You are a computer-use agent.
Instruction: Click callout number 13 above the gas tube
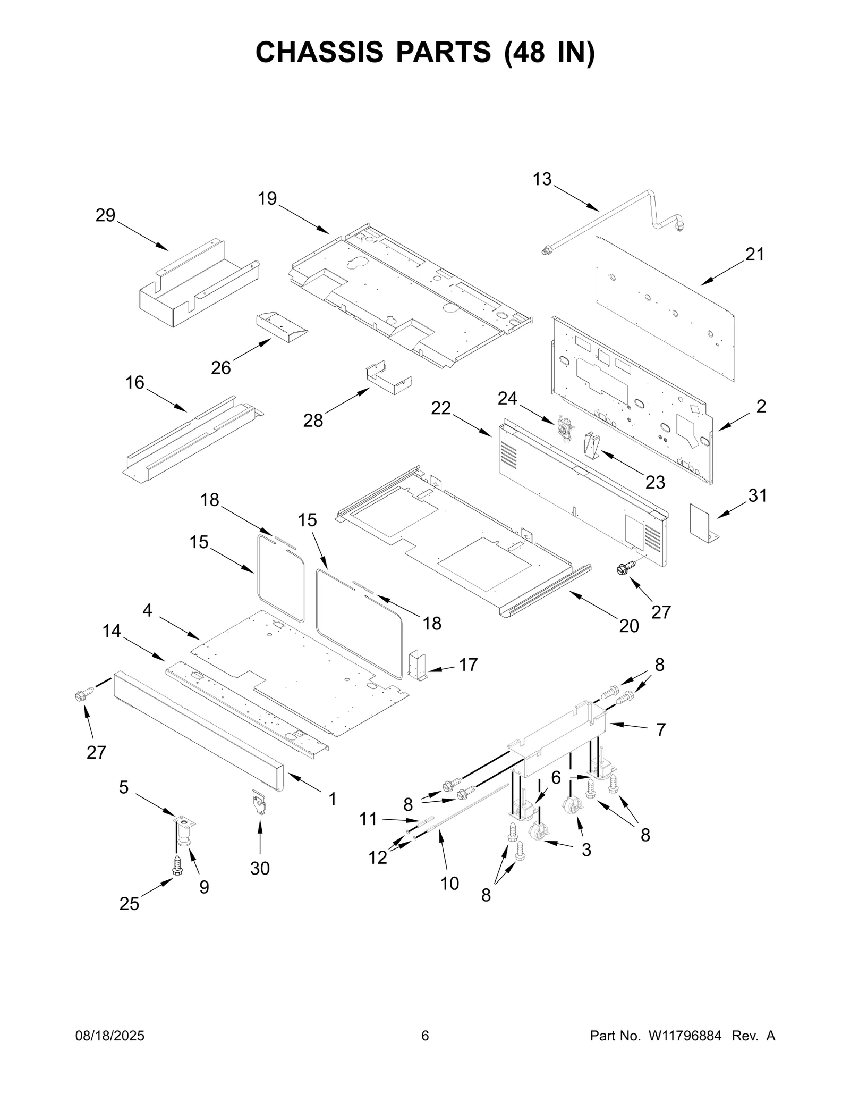click(x=542, y=179)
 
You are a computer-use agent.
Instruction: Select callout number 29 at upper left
click(x=105, y=215)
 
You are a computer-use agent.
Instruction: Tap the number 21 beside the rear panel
click(x=754, y=255)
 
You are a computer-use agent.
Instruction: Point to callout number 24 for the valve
click(x=507, y=398)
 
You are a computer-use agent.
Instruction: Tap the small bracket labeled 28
click(x=388, y=378)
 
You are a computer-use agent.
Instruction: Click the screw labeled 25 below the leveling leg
click(x=177, y=866)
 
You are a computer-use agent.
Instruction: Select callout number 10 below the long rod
click(x=449, y=883)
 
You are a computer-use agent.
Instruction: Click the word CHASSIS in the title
click(x=319, y=52)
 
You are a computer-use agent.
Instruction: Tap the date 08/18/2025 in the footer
click(x=108, y=1036)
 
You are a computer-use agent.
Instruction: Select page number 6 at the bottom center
click(x=425, y=1036)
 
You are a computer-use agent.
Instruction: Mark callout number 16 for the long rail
click(x=135, y=382)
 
